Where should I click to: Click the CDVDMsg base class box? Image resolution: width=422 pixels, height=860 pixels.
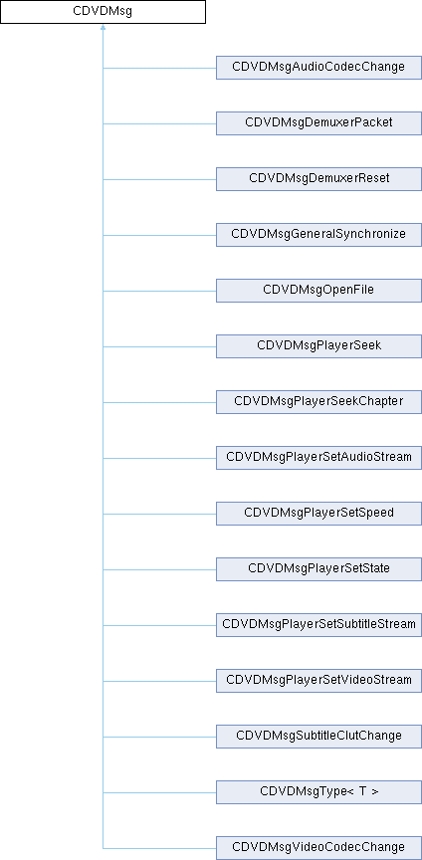pos(103,12)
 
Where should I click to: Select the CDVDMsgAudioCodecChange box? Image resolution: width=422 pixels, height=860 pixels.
pos(318,68)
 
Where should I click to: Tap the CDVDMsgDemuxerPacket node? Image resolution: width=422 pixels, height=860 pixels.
pos(318,123)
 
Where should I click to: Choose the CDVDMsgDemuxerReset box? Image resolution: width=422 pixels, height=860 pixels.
pos(318,179)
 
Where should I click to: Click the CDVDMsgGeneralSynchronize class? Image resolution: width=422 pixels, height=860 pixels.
pos(318,235)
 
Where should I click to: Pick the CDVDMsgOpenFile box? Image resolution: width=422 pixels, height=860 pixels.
pos(318,290)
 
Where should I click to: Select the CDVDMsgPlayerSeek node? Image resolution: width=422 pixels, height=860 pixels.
pos(318,346)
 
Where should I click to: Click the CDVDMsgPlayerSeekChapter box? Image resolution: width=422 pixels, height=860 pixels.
pos(318,401)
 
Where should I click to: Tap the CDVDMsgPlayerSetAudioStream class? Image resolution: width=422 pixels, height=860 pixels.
pos(318,458)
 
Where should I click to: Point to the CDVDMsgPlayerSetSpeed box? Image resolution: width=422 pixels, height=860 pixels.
pos(318,514)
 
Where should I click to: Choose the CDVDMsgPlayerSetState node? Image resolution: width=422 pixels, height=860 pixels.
pos(318,568)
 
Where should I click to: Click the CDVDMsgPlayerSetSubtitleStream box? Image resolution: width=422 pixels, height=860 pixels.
pos(318,625)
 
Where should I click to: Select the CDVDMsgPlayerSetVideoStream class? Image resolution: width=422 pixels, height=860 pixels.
pos(318,680)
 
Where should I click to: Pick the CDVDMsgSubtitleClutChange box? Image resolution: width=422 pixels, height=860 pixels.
pos(318,736)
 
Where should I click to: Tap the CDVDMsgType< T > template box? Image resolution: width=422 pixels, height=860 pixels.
pos(318,792)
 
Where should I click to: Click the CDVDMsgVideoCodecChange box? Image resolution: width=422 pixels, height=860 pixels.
pos(318,847)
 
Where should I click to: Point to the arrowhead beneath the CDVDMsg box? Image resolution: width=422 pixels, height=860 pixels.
pos(103,28)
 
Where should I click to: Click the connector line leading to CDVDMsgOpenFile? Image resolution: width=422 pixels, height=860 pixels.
pos(159,291)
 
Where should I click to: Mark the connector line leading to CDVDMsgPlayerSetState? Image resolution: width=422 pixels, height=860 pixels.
pos(159,569)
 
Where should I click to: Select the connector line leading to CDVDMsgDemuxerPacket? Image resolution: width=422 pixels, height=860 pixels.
pos(159,123)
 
